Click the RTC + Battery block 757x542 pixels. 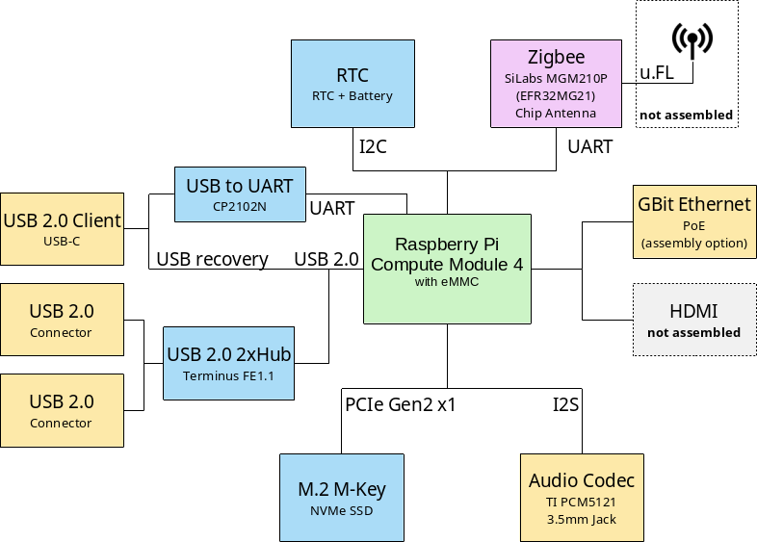coord(352,84)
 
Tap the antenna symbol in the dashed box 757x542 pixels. coord(692,40)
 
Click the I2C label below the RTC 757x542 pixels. coord(374,147)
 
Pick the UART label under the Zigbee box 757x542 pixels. coord(589,147)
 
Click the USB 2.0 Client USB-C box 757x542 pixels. coord(62,228)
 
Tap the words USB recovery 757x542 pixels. coord(212,259)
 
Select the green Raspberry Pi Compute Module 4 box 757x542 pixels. coord(447,269)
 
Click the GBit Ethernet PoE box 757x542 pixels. coord(693,221)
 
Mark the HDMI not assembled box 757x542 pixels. coord(693,320)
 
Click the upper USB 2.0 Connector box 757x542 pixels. coord(62,320)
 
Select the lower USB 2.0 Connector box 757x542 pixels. coord(62,410)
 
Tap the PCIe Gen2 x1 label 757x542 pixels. coord(401,405)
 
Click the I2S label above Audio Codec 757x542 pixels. coord(565,405)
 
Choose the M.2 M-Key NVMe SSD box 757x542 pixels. coord(342,497)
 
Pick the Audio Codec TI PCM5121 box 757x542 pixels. coord(582,497)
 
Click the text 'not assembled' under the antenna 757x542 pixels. coord(686,116)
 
